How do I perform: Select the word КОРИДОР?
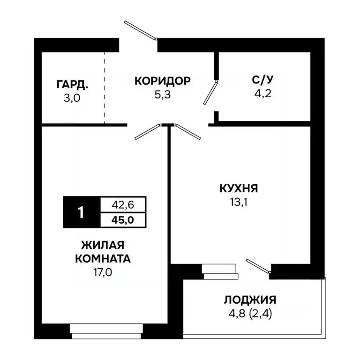point(162,81)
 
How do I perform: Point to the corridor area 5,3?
point(162,94)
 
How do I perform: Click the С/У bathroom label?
point(261,79)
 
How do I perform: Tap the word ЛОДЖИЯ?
point(249,300)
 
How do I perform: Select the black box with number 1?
point(82,212)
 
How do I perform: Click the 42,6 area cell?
point(123,205)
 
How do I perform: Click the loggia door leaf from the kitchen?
point(258,266)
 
